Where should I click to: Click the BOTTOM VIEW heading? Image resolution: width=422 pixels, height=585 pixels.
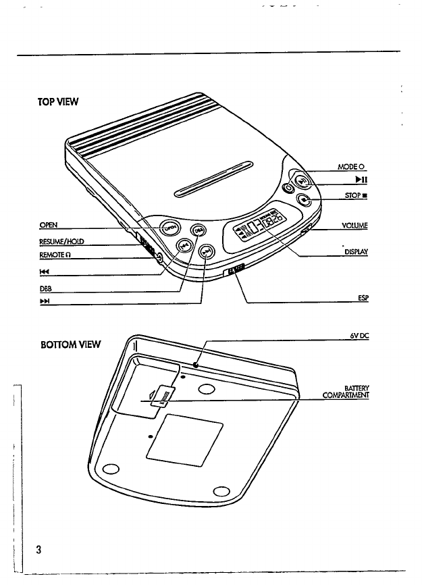pyautogui.click(x=70, y=345)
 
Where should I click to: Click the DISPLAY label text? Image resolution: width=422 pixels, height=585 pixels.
pyautogui.click(x=355, y=251)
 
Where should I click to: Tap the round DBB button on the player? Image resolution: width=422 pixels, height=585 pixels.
pyautogui.click(x=199, y=230)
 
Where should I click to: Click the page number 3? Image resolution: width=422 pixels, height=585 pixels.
pyautogui.click(x=40, y=549)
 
